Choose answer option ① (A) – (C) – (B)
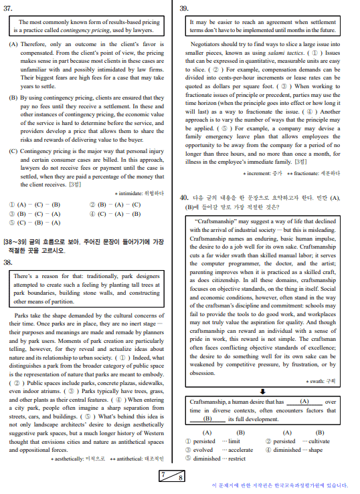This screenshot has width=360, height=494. coord(33,205)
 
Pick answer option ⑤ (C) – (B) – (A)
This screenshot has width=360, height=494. coord(33,223)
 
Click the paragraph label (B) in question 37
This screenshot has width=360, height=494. coord(13,98)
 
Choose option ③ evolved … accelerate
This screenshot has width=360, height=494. coord(217,450)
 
